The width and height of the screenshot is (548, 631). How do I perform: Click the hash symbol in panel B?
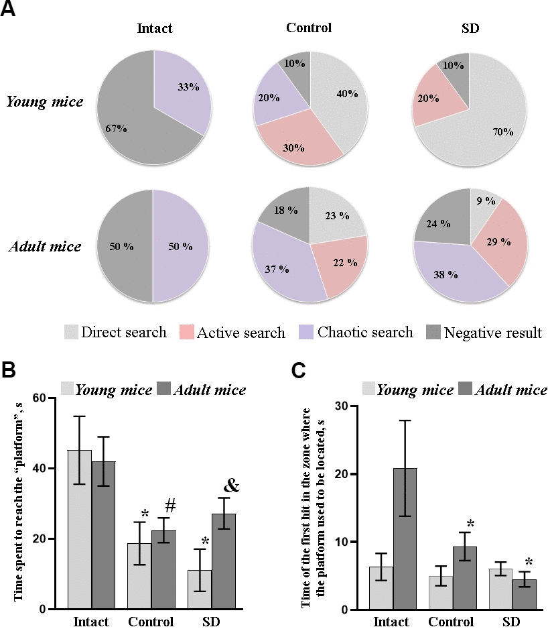click(x=170, y=506)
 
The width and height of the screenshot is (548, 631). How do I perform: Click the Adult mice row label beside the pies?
click(x=46, y=246)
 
